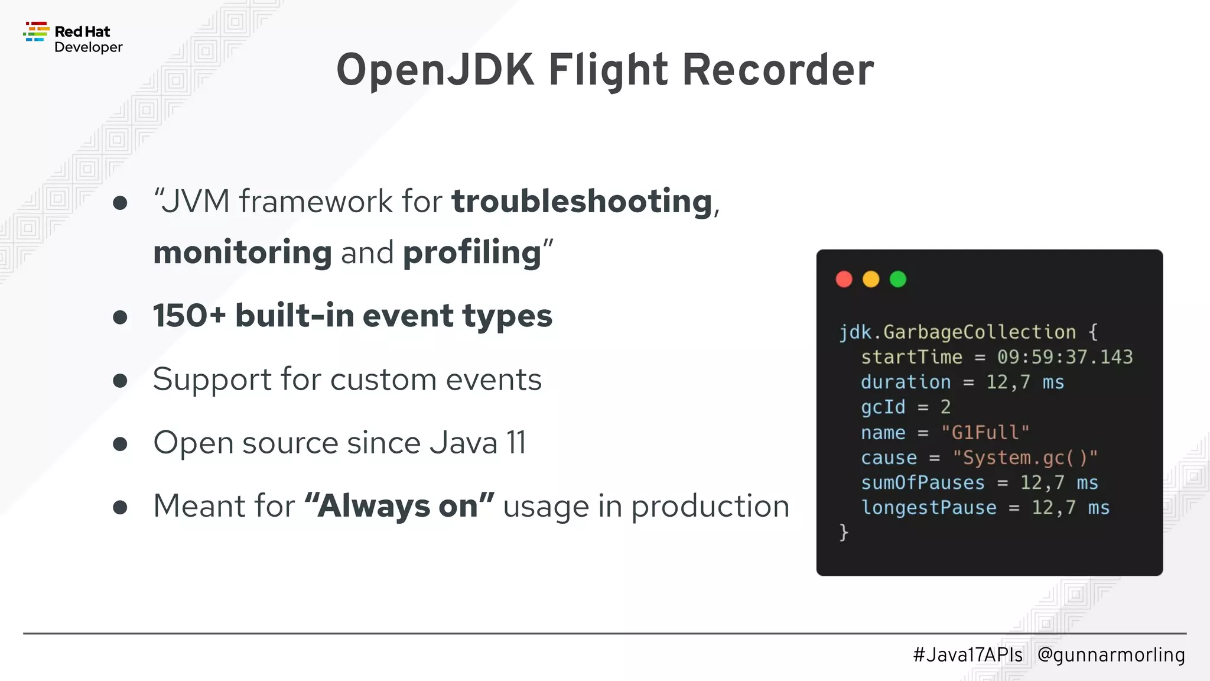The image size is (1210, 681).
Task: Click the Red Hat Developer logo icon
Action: point(36,32)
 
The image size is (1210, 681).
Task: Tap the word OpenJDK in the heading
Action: point(435,70)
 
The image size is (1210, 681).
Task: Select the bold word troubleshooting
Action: point(582,202)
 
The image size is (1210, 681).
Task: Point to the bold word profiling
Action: point(472,253)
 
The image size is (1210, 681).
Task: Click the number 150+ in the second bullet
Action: point(189,316)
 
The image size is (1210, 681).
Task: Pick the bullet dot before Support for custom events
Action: point(120,381)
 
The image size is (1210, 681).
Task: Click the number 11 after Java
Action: point(516,443)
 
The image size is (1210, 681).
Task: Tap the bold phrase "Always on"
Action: point(399,506)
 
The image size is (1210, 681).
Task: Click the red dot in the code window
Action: point(844,279)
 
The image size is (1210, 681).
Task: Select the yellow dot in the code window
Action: point(871,279)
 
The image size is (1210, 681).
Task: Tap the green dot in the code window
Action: point(898,279)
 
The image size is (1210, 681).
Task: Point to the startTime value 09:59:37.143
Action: point(1065,357)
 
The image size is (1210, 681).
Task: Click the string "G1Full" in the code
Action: point(985,433)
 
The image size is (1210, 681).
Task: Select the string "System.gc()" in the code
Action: point(1025,458)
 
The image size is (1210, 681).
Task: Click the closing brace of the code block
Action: point(844,532)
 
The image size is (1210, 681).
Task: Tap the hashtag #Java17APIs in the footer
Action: point(967,655)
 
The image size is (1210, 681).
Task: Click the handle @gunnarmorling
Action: point(1111,655)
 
